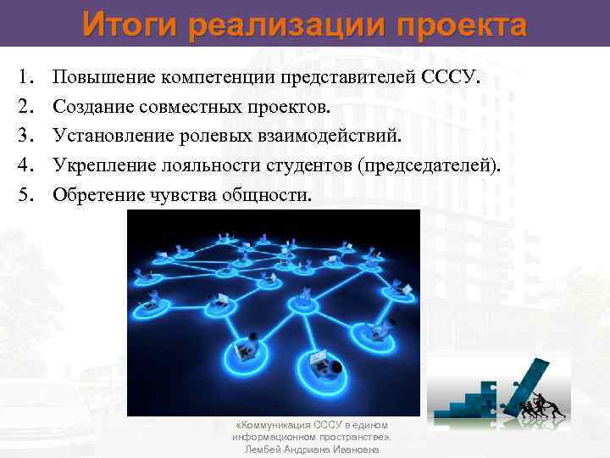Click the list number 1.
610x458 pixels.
pyautogui.click(x=23, y=80)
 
